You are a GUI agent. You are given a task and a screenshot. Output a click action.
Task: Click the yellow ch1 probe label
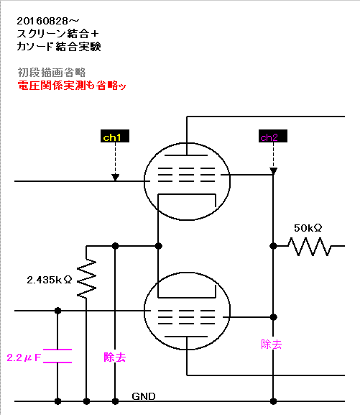click(x=115, y=136)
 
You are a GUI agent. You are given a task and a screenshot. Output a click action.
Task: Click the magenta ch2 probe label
click(x=273, y=136)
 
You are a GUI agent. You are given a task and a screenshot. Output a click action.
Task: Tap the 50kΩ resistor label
click(x=308, y=228)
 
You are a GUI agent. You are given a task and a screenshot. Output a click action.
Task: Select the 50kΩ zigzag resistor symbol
click(x=309, y=247)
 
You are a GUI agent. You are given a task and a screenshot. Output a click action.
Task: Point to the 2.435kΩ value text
click(x=49, y=280)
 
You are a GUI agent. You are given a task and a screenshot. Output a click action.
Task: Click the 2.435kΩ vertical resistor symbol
click(x=86, y=278)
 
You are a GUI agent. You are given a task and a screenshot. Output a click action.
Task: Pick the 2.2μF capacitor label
click(x=24, y=358)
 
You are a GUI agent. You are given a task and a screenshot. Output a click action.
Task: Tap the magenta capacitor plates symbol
click(x=57, y=356)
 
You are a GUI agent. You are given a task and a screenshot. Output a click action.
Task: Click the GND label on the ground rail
click(x=144, y=396)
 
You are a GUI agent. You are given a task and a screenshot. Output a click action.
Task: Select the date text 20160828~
click(x=48, y=21)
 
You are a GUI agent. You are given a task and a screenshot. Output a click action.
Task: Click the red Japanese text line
click(x=72, y=86)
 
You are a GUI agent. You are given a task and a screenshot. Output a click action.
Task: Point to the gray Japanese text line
click(x=52, y=72)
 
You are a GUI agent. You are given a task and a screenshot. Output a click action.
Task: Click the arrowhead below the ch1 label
click(x=115, y=177)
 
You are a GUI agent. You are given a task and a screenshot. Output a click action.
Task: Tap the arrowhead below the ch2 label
click(x=273, y=171)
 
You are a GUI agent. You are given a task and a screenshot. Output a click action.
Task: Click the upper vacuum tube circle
click(x=144, y=181)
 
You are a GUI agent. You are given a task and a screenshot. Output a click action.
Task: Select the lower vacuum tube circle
click(x=144, y=311)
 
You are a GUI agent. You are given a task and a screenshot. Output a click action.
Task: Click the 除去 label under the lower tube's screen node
click(x=272, y=345)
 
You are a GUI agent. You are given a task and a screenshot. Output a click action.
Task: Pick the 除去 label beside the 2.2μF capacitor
click(x=115, y=357)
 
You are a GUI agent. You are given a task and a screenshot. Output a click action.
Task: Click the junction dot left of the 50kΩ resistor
click(x=273, y=246)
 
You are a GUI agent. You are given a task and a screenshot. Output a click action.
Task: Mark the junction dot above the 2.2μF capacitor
click(x=57, y=311)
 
